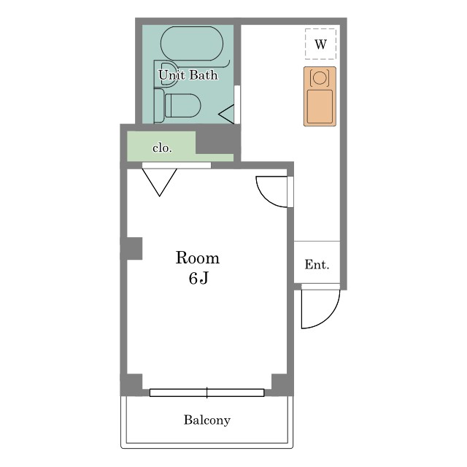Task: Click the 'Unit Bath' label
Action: [188, 74]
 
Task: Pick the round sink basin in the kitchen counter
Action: [320, 77]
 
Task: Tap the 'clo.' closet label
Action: [162, 148]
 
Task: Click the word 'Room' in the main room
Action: [198, 258]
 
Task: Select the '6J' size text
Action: [198, 278]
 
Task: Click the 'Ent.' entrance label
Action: [317, 264]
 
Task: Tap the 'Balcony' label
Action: [207, 420]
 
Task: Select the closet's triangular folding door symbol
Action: [160, 182]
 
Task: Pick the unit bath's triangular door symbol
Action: [227, 114]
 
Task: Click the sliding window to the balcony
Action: [207, 393]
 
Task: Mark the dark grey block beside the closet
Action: [218, 142]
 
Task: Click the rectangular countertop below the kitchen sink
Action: [320, 107]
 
